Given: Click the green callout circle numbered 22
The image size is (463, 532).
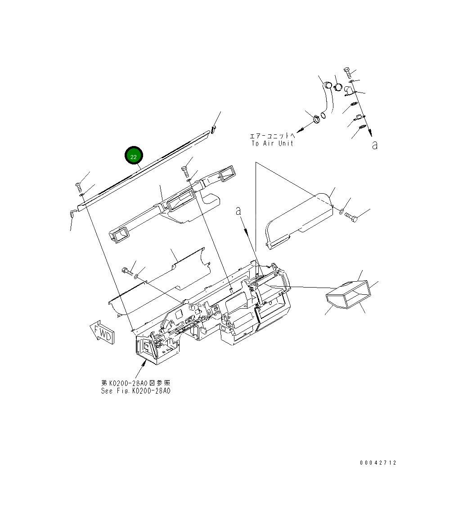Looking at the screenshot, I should click(x=134, y=155).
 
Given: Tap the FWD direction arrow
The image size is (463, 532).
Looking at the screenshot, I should click(x=102, y=332).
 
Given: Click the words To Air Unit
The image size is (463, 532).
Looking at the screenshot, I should click(x=272, y=143).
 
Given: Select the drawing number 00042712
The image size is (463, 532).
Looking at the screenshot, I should click(x=378, y=463).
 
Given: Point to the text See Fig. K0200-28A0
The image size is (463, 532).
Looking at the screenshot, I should click(x=135, y=391).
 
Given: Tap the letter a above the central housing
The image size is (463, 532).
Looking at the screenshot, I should click(x=239, y=211).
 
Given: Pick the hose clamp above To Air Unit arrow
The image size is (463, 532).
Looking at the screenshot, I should click(x=317, y=119).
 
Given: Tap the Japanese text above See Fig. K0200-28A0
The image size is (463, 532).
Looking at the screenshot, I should click(x=135, y=383).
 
